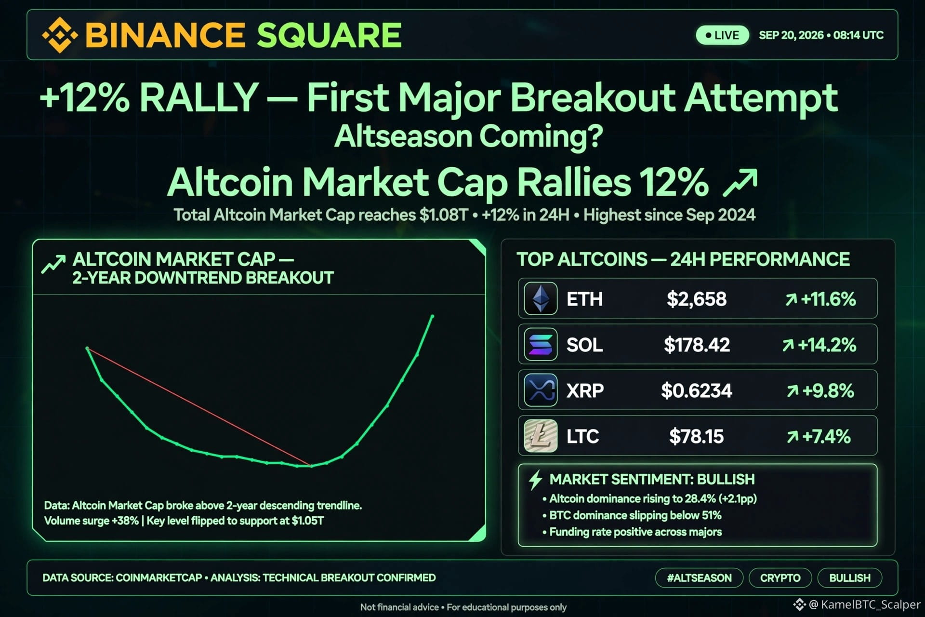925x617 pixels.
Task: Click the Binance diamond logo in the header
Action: point(60,35)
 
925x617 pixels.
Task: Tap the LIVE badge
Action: point(722,35)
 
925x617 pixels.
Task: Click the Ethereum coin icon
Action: point(541,299)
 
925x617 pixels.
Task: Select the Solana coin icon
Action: point(541,345)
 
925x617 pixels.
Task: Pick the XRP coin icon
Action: point(541,390)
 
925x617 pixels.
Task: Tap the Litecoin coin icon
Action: point(541,436)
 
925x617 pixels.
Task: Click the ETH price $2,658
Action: point(697,299)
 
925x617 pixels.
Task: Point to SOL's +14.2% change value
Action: point(827,345)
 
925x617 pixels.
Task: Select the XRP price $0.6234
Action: point(697,391)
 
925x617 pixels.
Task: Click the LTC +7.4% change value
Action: point(826,437)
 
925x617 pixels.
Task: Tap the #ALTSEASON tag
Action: point(699,578)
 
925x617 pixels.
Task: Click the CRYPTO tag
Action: point(780,578)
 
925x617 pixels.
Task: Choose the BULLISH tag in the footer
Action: point(850,578)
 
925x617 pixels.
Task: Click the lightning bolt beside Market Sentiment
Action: point(535,480)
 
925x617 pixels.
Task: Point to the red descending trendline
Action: point(199,407)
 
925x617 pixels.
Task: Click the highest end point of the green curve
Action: point(432,317)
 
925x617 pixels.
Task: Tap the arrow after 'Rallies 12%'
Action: point(740,183)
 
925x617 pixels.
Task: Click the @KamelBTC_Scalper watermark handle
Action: point(864,604)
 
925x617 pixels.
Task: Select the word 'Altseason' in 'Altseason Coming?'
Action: point(403,136)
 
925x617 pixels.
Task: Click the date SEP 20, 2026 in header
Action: point(791,35)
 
